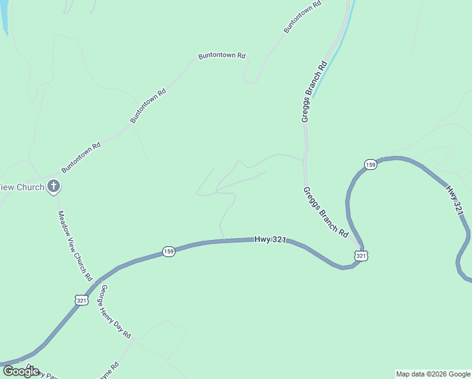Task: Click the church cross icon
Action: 54,186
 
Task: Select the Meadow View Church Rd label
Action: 76,246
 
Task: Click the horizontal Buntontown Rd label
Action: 221,56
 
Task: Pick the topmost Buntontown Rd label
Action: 303,16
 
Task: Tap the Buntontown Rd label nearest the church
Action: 81,158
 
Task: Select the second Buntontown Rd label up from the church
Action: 148,105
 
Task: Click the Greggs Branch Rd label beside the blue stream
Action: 314,91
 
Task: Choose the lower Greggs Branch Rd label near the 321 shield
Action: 326,212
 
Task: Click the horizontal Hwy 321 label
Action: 271,240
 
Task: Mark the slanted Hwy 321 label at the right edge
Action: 457,200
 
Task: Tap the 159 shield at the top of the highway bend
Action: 370,165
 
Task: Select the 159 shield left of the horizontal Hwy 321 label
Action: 168,251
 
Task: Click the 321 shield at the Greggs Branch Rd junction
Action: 360,255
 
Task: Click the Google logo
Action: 21,371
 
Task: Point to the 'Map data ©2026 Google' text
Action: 433,374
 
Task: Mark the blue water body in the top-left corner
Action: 3,16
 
